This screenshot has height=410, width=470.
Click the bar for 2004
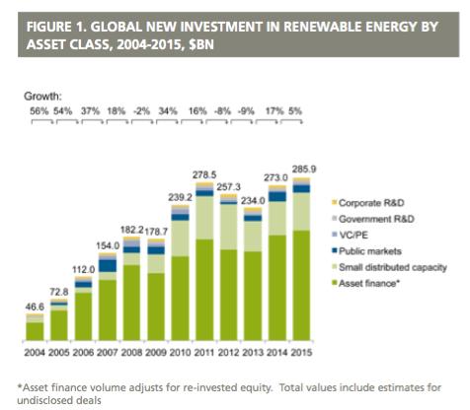(x=35, y=329)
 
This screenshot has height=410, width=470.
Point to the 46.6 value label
(x=36, y=307)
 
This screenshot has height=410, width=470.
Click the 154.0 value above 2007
(x=109, y=243)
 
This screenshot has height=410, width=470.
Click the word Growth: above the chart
(x=42, y=96)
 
